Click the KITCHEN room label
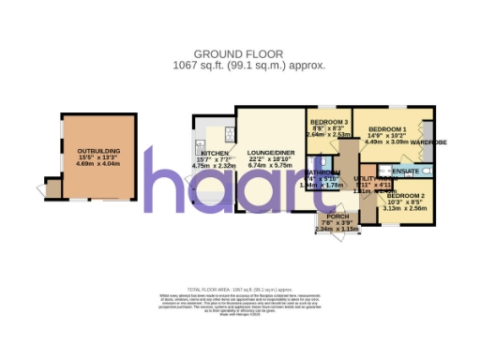coord(215,152)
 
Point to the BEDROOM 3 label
coord(329,123)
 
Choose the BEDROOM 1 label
coord(386,128)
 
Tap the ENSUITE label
coord(406,172)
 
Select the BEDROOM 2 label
coord(404,196)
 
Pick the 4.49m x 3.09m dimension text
coord(386,142)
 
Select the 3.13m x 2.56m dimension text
coord(404,209)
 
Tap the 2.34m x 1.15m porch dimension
coord(337,229)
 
